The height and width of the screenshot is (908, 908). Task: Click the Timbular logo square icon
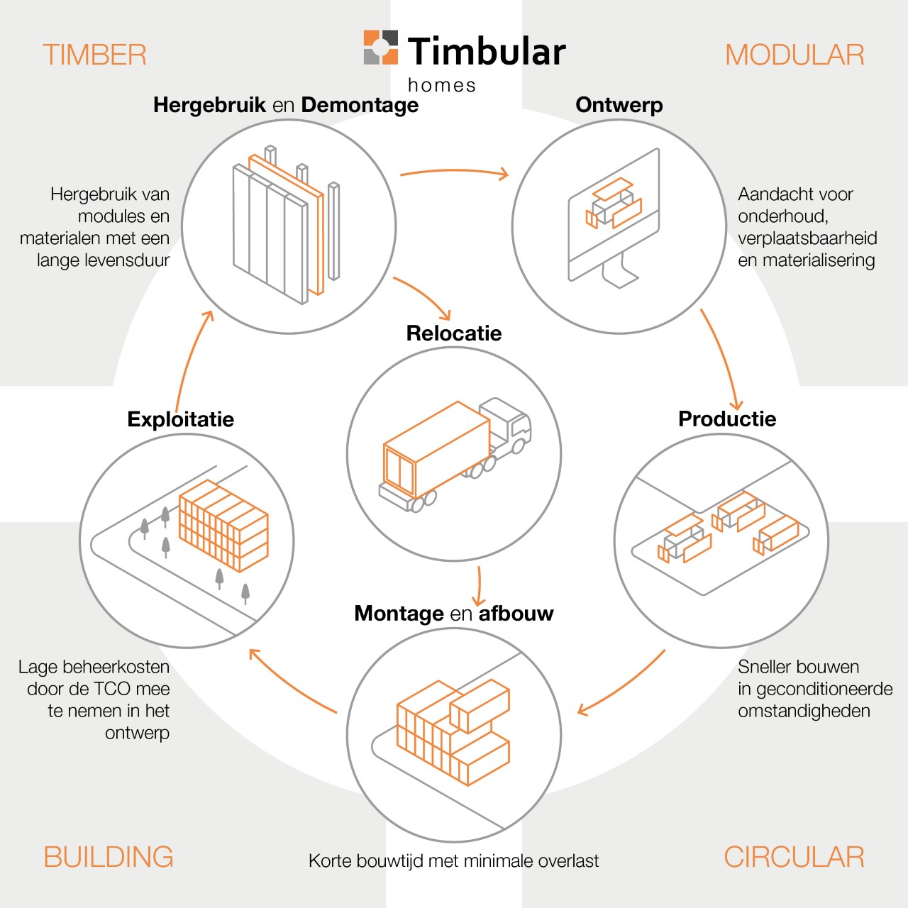click(381, 48)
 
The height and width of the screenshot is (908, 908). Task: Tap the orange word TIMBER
click(94, 55)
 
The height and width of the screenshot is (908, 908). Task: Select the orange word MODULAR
click(794, 55)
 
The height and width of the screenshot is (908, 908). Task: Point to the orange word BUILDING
click(109, 857)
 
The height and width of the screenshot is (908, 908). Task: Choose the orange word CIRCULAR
click(794, 857)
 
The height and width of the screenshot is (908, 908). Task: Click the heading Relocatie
click(454, 333)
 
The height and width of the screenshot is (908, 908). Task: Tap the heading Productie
click(727, 419)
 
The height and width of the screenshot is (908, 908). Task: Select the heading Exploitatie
click(181, 419)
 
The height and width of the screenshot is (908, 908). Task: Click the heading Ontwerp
click(619, 105)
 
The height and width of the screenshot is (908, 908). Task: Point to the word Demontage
click(360, 105)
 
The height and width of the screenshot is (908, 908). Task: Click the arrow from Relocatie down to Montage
click(480, 585)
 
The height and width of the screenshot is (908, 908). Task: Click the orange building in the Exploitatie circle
click(223, 525)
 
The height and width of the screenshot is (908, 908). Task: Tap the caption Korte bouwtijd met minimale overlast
click(453, 861)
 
